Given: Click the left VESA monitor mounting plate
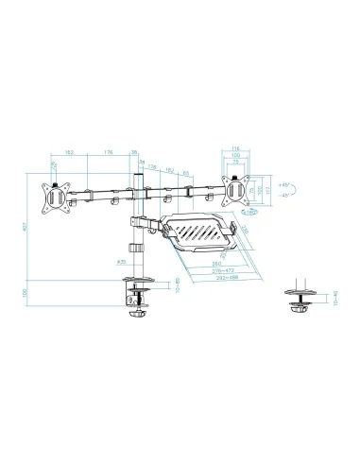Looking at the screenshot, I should [x=55, y=199].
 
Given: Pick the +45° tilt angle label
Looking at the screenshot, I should [x=284, y=184].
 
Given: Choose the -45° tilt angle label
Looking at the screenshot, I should [x=284, y=196].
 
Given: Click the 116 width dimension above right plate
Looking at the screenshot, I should [x=236, y=147].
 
